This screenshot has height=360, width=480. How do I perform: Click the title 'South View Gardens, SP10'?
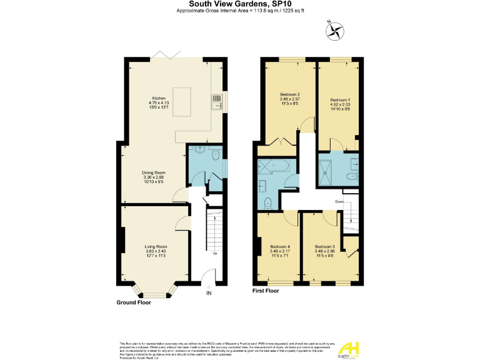pyautogui.click(x=239, y=4)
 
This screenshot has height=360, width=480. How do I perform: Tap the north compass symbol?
pyautogui.click(x=336, y=29)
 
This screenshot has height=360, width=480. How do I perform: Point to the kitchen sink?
pyautogui.click(x=216, y=100)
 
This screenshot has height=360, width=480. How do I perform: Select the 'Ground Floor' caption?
pyautogui.click(x=134, y=302)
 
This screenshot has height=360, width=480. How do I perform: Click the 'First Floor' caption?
pyautogui.click(x=265, y=291)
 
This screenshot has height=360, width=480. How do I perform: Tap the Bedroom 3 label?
pyautogui.click(x=324, y=250)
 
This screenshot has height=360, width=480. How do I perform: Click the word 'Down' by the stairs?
pyautogui.click(x=339, y=202)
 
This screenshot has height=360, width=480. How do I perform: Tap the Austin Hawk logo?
pyautogui.click(x=351, y=347)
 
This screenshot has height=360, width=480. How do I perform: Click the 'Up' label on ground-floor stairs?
pyautogui.click(x=215, y=254)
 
